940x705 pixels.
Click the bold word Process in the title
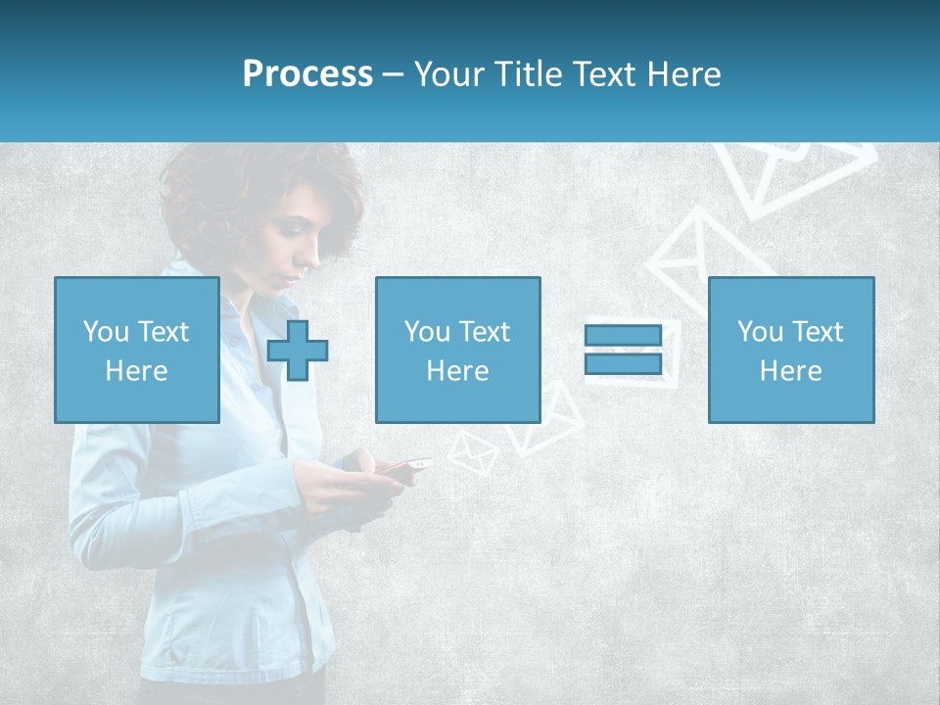point(307,74)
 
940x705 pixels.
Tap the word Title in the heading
point(530,74)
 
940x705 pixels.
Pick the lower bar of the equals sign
point(623,364)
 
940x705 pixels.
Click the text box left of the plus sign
point(136,350)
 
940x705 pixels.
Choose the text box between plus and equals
point(457,350)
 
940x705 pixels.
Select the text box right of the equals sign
point(790,350)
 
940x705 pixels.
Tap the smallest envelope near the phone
point(473,453)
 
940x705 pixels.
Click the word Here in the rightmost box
point(790,371)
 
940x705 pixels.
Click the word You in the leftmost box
point(106,332)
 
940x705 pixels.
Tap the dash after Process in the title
point(394,74)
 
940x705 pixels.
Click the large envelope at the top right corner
point(793,176)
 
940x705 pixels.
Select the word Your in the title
point(451,74)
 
